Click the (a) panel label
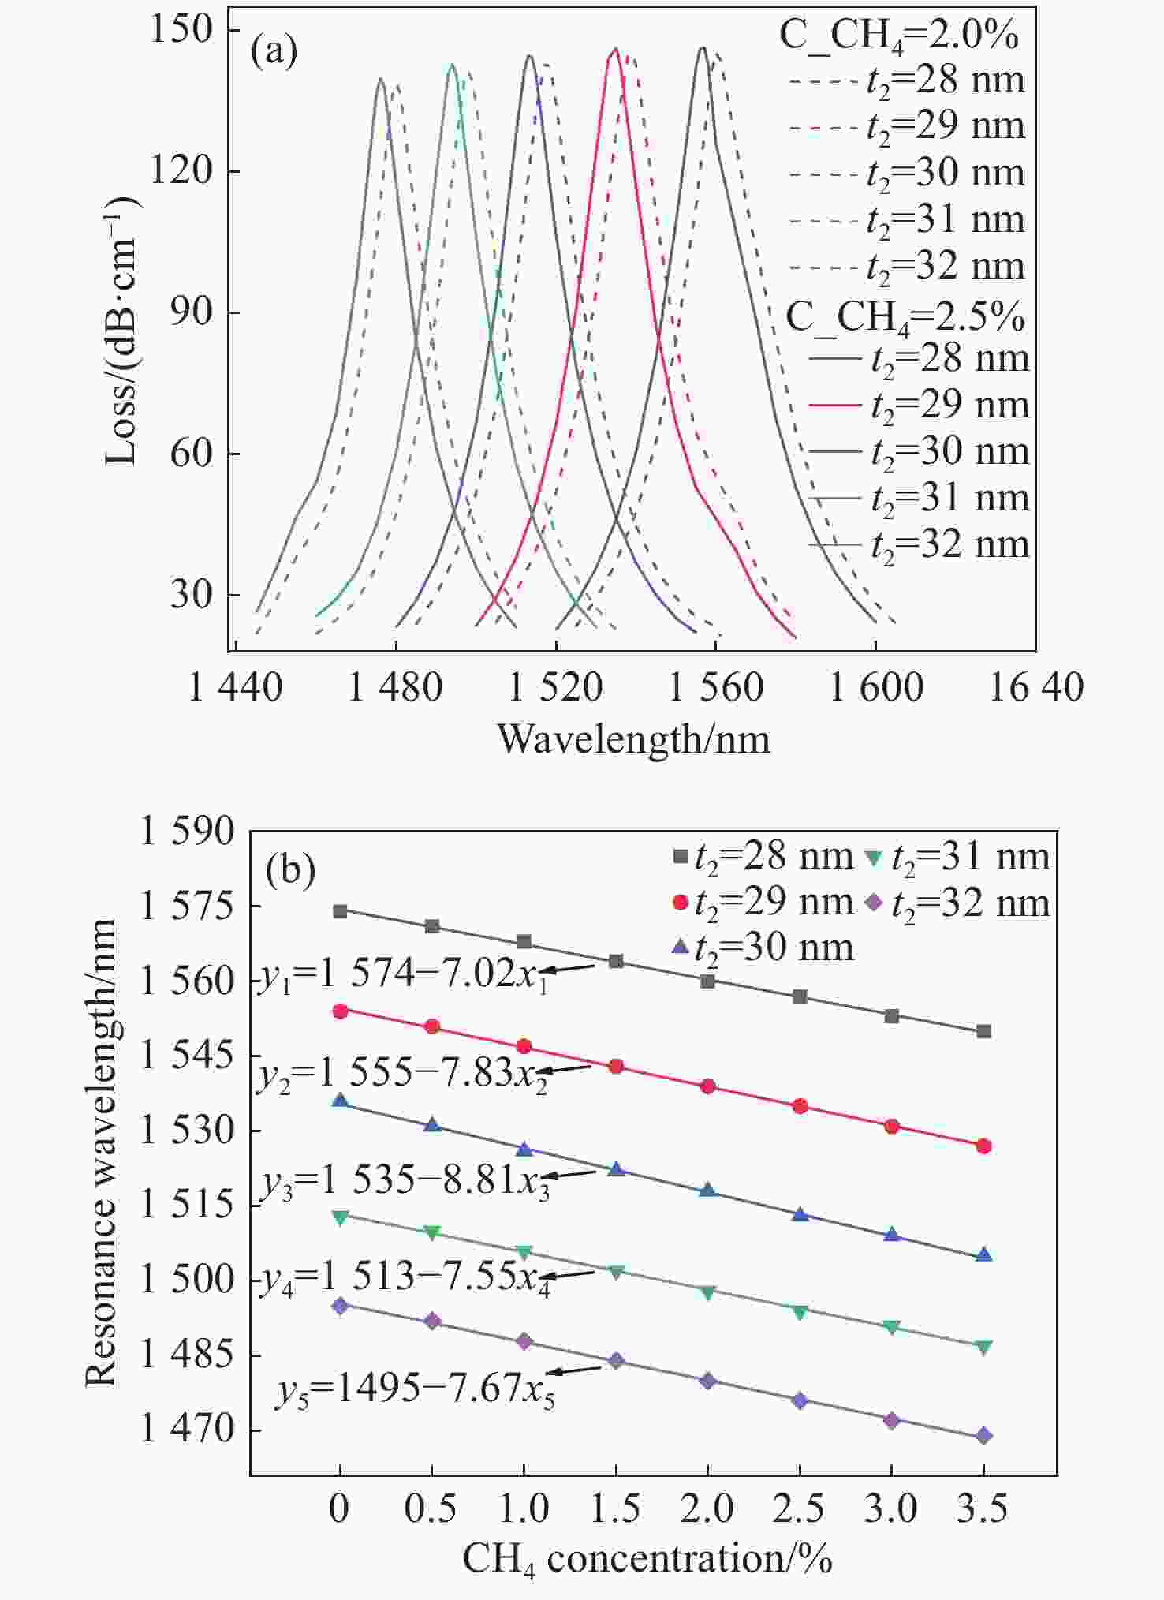(274, 52)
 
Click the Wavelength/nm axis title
(633, 739)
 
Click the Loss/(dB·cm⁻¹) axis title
(122, 331)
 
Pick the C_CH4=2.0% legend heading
(898, 36)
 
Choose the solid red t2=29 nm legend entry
(919, 405)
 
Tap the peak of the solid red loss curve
(616, 49)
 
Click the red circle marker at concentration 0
(341, 1011)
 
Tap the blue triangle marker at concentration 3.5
(983, 1254)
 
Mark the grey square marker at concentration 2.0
(708, 981)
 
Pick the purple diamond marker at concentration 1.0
(524, 1341)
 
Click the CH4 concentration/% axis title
(647, 1559)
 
